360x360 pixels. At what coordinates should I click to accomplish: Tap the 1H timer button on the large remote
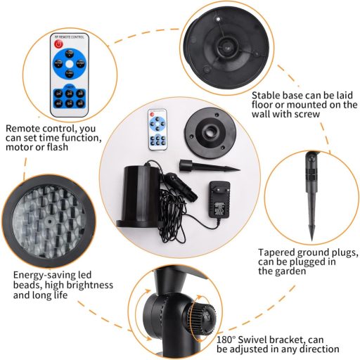click(x=58, y=94)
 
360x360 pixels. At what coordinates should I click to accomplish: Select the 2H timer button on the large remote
click(x=70, y=94)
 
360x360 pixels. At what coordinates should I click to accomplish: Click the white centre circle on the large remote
click(x=70, y=64)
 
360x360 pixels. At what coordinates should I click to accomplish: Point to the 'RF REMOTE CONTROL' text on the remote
click(x=69, y=37)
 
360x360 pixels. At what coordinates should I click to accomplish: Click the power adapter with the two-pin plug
click(x=219, y=199)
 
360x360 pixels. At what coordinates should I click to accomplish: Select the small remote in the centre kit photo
click(x=157, y=129)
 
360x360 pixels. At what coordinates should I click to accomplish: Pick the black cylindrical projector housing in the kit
click(x=140, y=195)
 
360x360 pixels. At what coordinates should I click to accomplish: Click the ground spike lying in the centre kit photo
click(x=210, y=167)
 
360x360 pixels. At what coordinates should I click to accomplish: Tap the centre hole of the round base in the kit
click(x=210, y=131)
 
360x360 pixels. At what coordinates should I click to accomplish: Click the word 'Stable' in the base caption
click(x=266, y=96)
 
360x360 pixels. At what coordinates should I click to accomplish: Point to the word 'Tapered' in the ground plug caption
click(x=276, y=253)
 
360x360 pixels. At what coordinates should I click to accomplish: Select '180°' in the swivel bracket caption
click(x=226, y=340)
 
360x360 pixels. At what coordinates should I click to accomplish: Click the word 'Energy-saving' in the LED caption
click(x=52, y=276)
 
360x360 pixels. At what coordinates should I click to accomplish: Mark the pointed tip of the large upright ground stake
click(x=311, y=240)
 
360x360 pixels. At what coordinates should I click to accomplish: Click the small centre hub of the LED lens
click(x=49, y=221)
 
